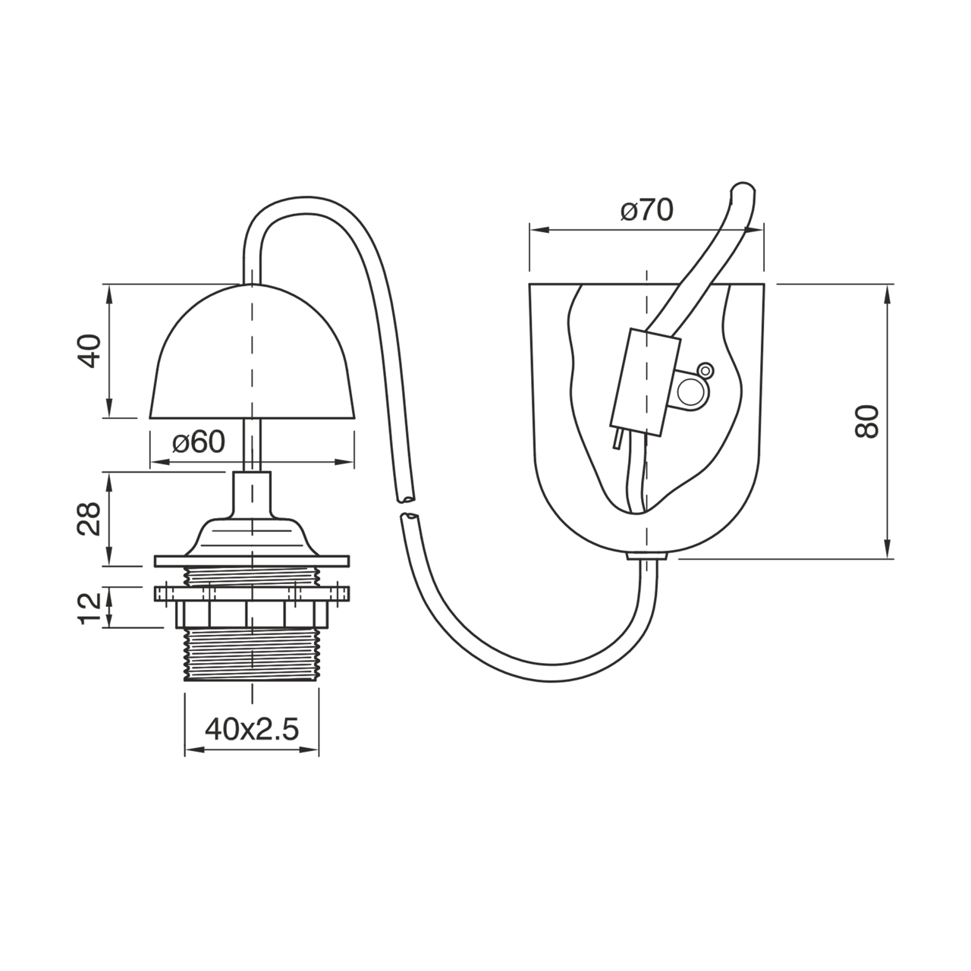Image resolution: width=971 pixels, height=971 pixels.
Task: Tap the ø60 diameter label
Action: tap(199, 442)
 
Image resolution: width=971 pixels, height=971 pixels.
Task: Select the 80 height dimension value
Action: tap(867, 421)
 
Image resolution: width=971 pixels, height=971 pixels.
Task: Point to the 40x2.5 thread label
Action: tap(252, 729)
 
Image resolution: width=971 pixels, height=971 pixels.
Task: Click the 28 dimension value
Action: tap(90, 519)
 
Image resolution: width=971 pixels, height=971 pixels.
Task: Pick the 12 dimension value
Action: tap(90, 608)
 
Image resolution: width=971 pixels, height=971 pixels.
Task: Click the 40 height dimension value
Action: tap(90, 350)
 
